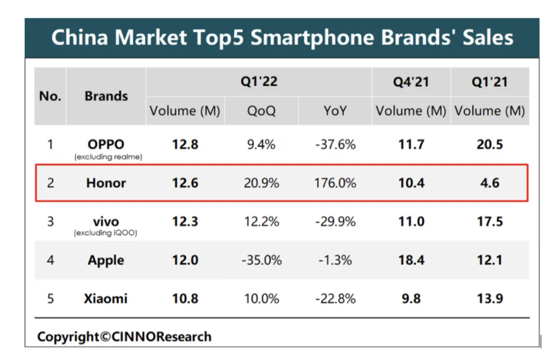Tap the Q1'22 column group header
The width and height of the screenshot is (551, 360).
(x=259, y=82)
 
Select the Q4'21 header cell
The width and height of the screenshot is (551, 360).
(x=411, y=82)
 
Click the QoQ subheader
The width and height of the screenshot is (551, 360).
(x=261, y=111)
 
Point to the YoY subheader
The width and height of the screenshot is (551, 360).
(x=335, y=111)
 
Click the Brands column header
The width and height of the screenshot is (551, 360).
(x=106, y=96)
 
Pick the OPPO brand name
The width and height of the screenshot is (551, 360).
(x=106, y=144)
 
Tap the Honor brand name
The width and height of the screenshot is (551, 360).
(x=106, y=183)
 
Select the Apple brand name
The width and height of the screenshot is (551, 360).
(x=106, y=260)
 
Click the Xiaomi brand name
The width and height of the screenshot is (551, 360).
(x=106, y=298)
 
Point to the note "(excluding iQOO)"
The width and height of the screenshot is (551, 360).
(x=106, y=233)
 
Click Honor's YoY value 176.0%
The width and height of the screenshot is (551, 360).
(x=335, y=183)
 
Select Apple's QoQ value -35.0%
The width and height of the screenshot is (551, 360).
(x=261, y=260)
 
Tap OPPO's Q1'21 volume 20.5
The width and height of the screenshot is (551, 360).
(x=490, y=144)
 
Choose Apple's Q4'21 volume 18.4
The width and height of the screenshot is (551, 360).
(x=411, y=260)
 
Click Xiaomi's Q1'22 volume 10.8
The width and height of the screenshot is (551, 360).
(x=185, y=298)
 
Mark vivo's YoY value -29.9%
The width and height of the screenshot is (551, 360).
(x=335, y=222)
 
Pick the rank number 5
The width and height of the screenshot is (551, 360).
(x=51, y=298)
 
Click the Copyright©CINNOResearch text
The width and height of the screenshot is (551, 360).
(x=124, y=337)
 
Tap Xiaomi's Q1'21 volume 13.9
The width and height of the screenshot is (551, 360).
(x=490, y=298)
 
